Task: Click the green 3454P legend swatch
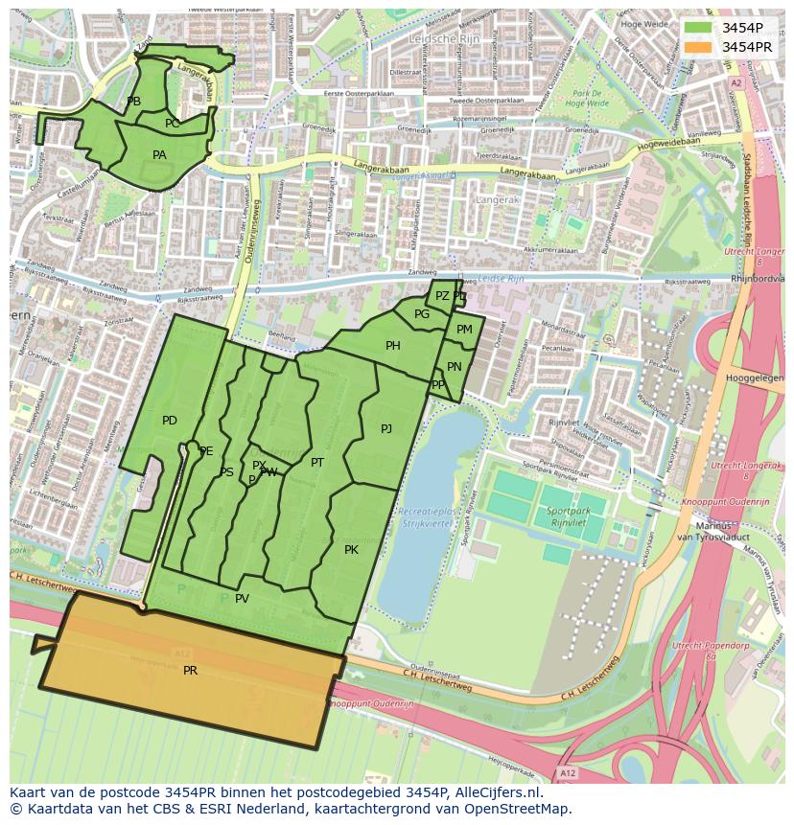click(698, 28)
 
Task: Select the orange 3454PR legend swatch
click(698, 47)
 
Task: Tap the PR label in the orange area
click(190, 671)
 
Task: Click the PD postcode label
click(170, 421)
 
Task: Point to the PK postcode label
click(351, 550)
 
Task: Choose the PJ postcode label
click(386, 429)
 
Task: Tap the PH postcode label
click(393, 346)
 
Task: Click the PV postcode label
click(242, 599)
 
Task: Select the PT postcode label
click(317, 463)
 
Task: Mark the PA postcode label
click(159, 155)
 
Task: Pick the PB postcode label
click(134, 102)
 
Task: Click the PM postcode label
click(464, 330)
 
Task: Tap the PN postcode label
click(455, 367)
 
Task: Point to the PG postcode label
click(422, 314)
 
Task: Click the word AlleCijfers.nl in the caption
click(498, 793)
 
